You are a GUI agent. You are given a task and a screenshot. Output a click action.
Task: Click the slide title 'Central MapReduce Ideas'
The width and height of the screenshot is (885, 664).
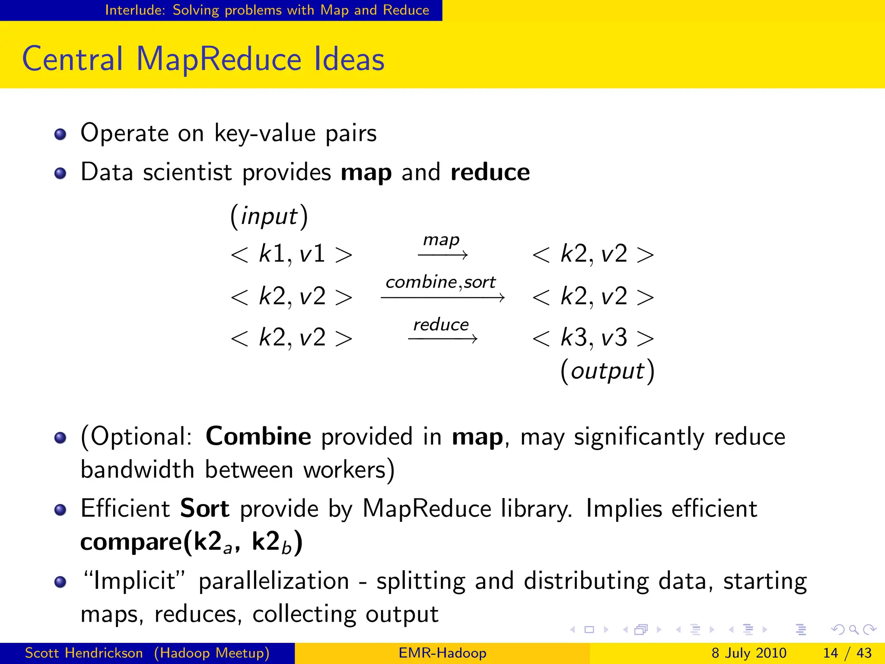(x=203, y=59)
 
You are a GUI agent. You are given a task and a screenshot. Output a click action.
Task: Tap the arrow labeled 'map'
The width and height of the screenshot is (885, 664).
(x=442, y=255)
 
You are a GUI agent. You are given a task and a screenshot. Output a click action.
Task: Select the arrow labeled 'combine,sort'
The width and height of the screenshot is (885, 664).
(x=442, y=297)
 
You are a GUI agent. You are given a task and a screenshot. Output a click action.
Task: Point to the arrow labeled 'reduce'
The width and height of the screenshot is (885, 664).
(x=442, y=338)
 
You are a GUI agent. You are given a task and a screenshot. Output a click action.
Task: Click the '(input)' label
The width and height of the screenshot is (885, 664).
(x=269, y=216)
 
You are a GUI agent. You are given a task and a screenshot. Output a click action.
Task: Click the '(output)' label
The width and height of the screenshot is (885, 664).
(x=607, y=371)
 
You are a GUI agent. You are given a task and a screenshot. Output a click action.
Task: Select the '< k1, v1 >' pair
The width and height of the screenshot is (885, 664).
(x=292, y=254)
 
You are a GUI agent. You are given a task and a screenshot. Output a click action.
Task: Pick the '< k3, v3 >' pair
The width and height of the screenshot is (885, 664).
(x=593, y=338)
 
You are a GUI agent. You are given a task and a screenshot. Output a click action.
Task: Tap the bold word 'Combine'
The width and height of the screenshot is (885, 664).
(x=258, y=436)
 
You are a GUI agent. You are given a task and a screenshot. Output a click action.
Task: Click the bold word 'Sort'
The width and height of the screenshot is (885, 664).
(x=204, y=508)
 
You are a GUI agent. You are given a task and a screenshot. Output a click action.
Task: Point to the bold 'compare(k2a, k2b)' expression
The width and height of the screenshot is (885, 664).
(x=191, y=542)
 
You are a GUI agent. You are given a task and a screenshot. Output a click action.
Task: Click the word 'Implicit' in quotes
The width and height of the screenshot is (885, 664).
(x=134, y=581)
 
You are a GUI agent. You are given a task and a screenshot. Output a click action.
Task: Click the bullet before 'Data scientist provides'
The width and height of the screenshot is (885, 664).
(x=60, y=173)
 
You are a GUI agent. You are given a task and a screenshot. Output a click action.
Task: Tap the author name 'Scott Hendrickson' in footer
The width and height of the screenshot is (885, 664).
(x=84, y=653)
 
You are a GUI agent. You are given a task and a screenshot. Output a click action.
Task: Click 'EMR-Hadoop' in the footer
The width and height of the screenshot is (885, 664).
(x=442, y=653)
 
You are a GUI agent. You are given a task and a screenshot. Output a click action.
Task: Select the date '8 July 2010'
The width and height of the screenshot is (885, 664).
(x=749, y=653)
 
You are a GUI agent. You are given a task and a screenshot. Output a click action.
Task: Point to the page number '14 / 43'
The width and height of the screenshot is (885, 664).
(x=847, y=653)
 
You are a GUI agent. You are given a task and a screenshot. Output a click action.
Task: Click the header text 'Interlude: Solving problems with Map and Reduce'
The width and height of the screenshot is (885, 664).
(x=267, y=10)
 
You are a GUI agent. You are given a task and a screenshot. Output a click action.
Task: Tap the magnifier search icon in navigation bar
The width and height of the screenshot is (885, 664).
(x=854, y=630)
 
